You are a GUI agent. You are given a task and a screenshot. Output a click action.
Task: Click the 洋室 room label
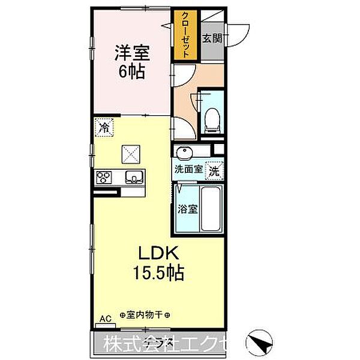[x=131, y=53]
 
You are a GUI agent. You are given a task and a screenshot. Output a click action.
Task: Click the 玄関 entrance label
[x=212, y=39]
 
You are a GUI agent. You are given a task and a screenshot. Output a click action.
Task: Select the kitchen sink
[x=133, y=177]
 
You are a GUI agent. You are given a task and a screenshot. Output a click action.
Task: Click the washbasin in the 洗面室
[x=185, y=151]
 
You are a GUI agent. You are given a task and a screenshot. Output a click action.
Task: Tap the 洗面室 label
[x=188, y=170]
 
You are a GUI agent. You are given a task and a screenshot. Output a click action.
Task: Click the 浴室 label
[x=187, y=210]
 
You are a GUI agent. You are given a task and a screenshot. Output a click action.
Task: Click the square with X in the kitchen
[x=131, y=154]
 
